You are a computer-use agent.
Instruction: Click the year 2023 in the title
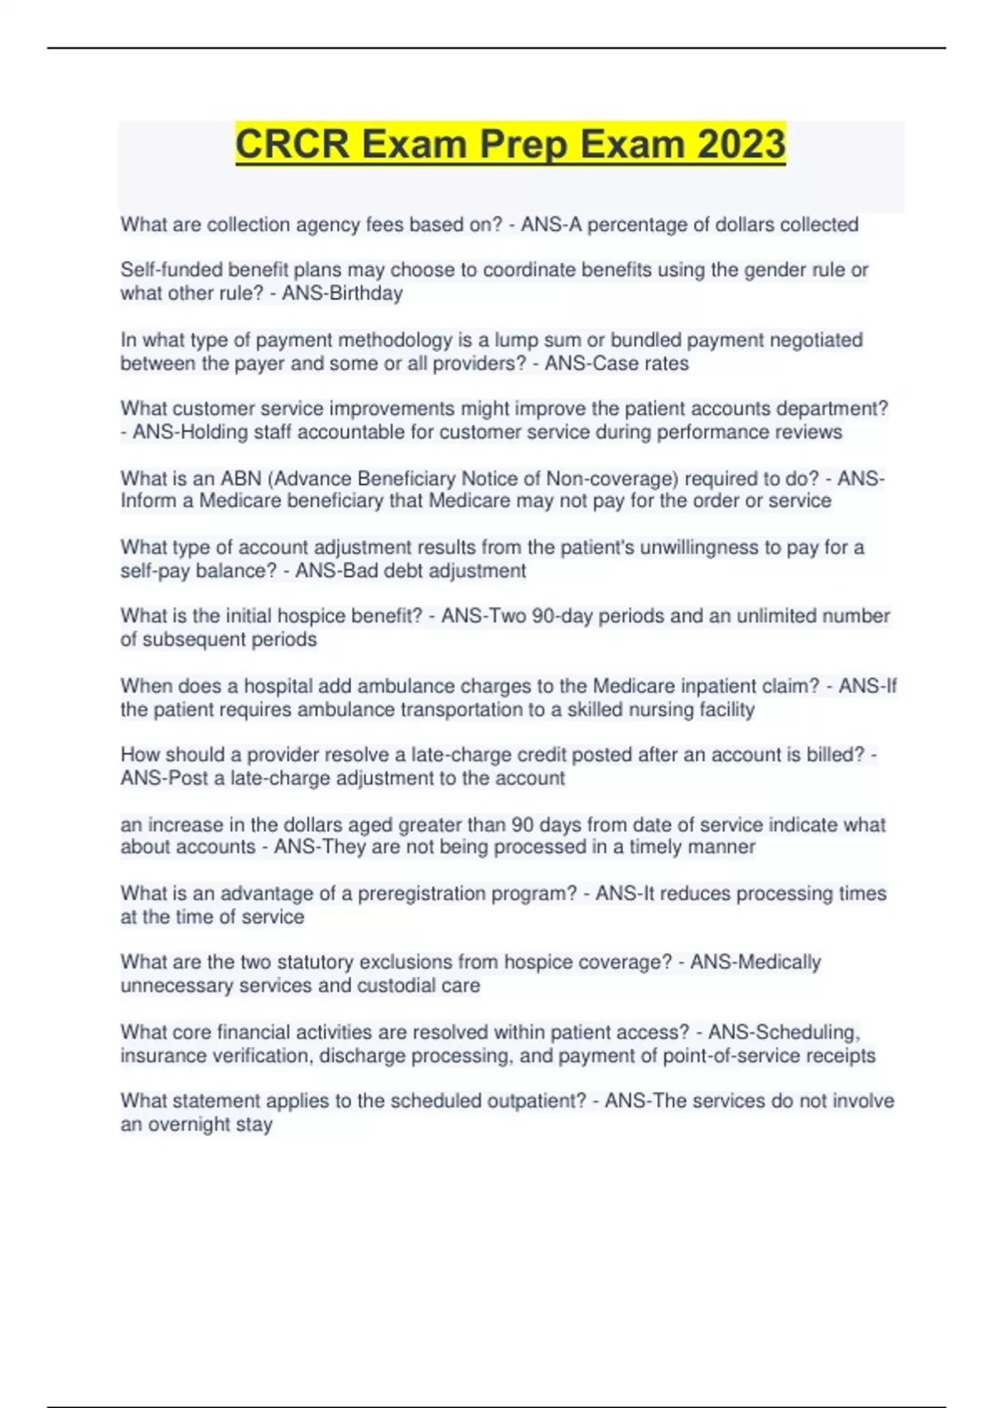[x=741, y=144]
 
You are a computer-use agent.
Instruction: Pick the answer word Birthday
[x=366, y=293]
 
